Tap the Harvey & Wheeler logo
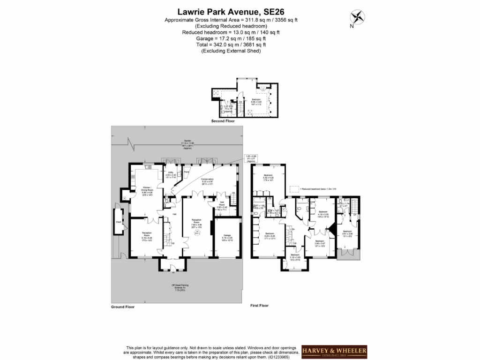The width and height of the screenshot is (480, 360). [334, 352]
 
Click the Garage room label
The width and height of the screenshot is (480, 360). [227, 238]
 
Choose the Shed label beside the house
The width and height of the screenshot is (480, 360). [119, 223]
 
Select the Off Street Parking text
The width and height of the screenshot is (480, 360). [180, 287]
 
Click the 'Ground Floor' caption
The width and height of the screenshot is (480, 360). [123, 307]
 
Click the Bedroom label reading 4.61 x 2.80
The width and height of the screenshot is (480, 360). [347, 233]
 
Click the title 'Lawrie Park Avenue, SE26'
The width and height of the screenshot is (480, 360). [230, 11]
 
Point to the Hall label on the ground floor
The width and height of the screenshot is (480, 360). [174, 214]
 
